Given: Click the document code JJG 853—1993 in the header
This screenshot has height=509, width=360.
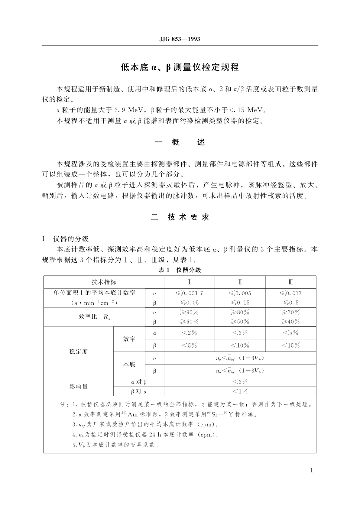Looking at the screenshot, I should click(x=180, y=39).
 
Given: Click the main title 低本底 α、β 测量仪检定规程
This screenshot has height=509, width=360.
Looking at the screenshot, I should click(x=180, y=67).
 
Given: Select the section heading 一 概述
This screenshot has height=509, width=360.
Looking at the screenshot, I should click(x=180, y=142).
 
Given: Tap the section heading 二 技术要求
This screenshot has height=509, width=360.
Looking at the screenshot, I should click(x=180, y=217).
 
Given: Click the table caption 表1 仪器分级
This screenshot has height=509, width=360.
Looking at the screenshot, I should click(x=180, y=270).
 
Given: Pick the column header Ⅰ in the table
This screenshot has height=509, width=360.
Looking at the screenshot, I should click(x=189, y=282).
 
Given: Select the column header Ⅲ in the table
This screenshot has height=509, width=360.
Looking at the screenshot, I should click(x=291, y=282).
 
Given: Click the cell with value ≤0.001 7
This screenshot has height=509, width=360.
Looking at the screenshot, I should click(x=189, y=293).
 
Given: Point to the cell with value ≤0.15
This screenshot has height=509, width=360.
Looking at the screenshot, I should click(x=240, y=303).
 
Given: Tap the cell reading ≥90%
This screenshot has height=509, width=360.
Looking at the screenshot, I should click(x=189, y=312).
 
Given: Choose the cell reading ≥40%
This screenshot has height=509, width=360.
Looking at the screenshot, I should click(x=291, y=322).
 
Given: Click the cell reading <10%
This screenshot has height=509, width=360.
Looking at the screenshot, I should click(x=240, y=345).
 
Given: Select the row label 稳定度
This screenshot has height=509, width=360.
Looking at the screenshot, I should click(x=78, y=352).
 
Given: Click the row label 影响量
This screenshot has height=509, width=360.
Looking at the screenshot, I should click(x=78, y=387).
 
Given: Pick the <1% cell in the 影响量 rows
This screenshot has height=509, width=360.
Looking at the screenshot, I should click(x=240, y=392).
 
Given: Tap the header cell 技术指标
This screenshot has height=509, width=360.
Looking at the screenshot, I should click(x=104, y=282).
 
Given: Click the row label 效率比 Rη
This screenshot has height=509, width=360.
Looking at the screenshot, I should click(x=94, y=317).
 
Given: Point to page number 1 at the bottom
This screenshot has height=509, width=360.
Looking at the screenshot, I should click(x=311, y=470).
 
